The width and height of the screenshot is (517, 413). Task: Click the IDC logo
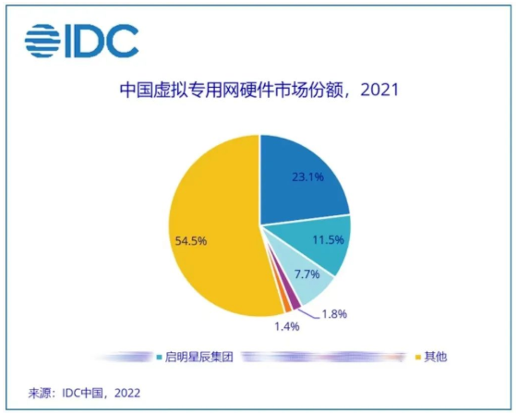pyautogui.click(x=81, y=40)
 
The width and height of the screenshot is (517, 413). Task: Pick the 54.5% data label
pyautogui.click(x=190, y=240)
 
